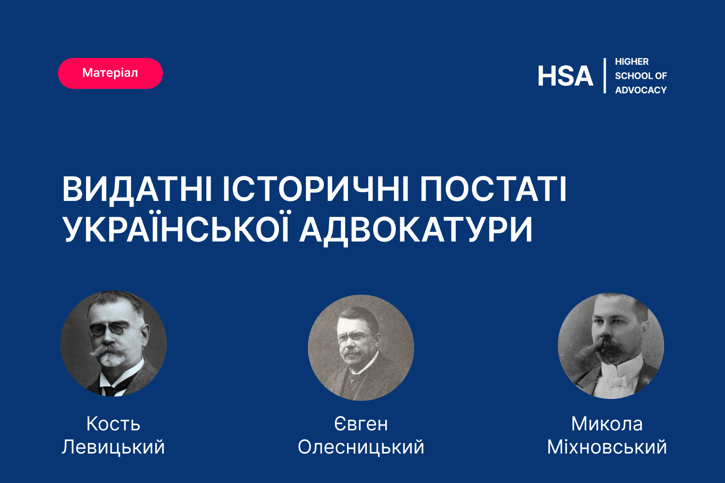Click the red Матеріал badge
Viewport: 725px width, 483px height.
[110, 73]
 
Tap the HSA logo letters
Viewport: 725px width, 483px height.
[565, 76]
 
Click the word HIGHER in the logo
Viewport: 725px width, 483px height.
[632, 61]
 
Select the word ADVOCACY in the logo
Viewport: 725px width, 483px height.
[641, 90]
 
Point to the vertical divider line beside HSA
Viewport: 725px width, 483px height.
[605, 76]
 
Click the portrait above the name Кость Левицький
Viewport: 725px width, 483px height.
[114, 343]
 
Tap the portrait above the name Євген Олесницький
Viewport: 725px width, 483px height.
[361, 348]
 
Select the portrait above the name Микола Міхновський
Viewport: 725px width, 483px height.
[611, 346]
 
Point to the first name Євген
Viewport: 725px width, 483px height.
[361, 424]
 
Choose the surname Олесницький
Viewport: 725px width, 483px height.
[361, 447]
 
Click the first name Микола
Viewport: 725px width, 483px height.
[607, 424]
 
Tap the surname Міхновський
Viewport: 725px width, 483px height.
[607, 447]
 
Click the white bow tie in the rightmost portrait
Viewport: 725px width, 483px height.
[618, 381]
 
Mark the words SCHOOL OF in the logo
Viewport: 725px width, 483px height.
[641, 76]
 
